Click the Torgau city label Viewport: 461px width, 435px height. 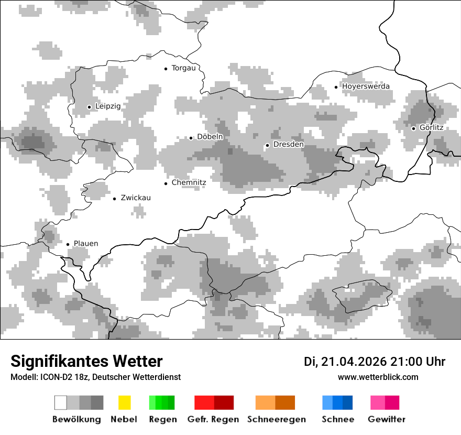183,68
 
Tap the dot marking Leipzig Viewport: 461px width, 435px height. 89,107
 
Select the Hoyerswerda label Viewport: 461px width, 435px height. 366,86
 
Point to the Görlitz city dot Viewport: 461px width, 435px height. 413,128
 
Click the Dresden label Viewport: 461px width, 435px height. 288,145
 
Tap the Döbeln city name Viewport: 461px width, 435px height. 210,137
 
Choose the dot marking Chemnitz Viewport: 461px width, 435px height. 166,183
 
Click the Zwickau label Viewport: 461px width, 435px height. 136,198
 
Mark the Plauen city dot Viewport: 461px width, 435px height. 68,244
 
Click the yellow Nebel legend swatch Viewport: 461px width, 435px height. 124,403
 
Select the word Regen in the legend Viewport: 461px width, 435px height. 162,419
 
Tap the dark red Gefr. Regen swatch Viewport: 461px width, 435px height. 224,403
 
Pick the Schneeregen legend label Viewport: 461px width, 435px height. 277,419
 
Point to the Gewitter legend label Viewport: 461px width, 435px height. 387,419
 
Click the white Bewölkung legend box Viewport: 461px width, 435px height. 61,403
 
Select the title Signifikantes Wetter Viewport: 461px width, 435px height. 86,362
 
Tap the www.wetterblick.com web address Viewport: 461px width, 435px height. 378,377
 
